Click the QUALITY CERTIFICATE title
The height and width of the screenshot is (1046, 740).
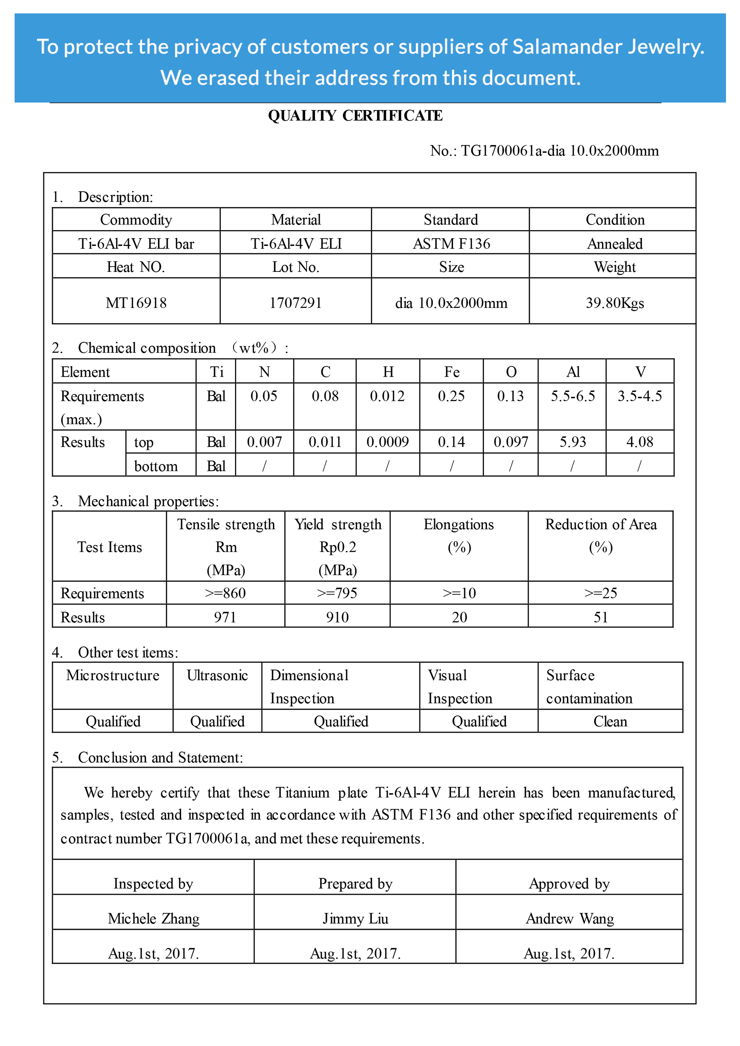(355, 116)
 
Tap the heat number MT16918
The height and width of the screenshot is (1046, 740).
(136, 303)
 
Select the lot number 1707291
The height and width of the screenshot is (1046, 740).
(296, 303)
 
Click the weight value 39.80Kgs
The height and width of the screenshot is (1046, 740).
(615, 303)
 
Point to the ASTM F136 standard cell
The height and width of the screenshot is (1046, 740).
(451, 244)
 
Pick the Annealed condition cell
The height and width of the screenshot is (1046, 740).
(615, 244)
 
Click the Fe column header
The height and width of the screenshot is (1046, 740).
(451, 372)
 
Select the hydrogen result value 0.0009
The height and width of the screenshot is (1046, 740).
(387, 442)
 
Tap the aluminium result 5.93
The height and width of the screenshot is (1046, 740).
(573, 442)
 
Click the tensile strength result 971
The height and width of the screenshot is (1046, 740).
(225, 617)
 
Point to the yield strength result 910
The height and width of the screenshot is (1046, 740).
(337, 617)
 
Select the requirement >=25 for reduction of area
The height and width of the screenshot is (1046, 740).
(600, 593)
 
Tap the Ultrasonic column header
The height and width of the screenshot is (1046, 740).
(217, 675)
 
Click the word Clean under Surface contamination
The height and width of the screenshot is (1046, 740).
(610, 722)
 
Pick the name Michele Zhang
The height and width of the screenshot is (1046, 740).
(154, 918)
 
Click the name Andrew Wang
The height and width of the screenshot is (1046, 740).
(569, 918)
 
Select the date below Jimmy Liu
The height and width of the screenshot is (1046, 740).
(355, 954)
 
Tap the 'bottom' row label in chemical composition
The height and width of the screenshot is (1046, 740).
(156, 466)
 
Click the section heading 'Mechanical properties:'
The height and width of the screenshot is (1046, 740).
(148, 501)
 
